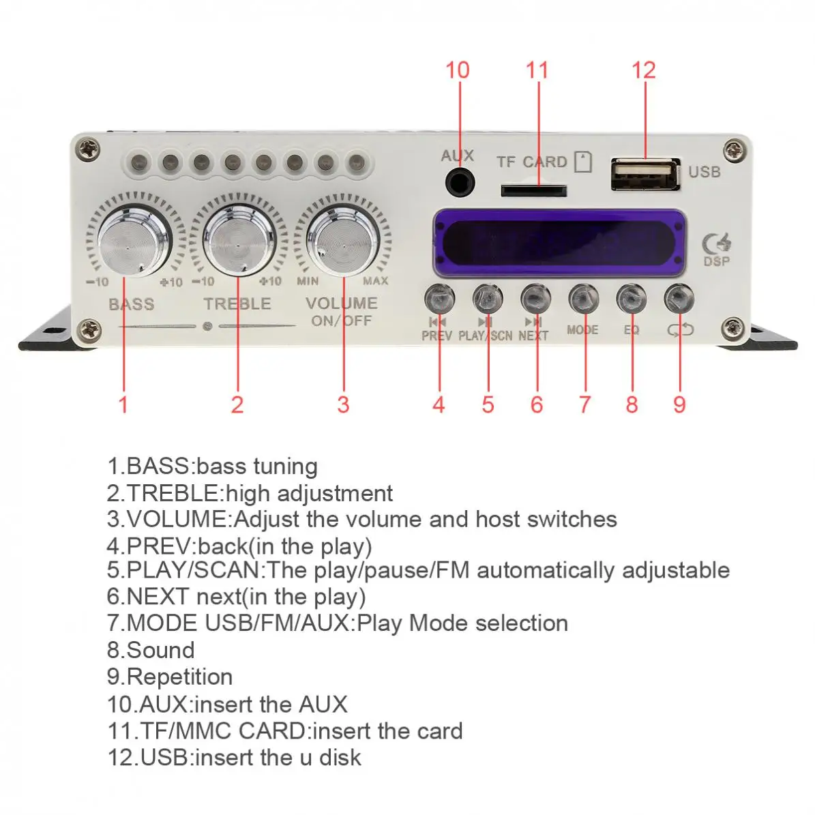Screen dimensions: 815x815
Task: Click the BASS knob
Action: click(x=133, y=237)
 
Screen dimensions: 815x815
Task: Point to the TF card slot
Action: click(x=533, y=190)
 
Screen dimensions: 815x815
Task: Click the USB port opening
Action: click(x=645, y=175)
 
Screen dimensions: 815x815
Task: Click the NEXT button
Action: click(x=535, y=299)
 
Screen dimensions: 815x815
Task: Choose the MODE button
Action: click(x=584, y=299)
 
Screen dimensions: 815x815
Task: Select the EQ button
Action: click(x=632, y=299)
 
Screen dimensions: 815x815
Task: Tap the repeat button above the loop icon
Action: click(x=679, y=299)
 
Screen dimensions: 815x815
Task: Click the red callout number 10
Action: click(x=457, y=70)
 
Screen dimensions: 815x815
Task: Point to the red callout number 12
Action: click(x=643, y=70)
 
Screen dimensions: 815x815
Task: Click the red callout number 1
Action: click(x=123, y=404)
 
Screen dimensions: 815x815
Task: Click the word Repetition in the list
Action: click(x=179, y=677)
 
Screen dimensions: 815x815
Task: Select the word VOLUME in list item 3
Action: click(x=176, y=519)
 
